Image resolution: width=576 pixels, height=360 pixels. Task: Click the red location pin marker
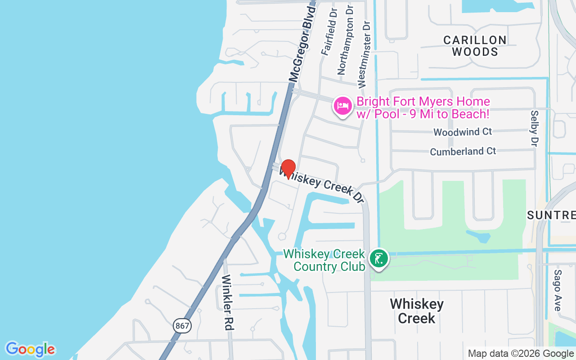[288, 169]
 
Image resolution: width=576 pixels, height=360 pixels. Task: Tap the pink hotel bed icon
[343, 106]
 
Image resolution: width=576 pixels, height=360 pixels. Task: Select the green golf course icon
[379, 258]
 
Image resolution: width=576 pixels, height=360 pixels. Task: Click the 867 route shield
[182, 325]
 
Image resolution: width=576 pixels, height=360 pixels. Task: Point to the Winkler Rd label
[228, 302]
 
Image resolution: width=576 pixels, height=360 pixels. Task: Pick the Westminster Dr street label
[364, 54]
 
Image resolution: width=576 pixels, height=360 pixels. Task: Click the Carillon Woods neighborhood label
[475, 46]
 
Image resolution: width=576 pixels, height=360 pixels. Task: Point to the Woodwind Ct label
[463, 132]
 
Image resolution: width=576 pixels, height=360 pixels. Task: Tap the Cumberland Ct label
[463, 151]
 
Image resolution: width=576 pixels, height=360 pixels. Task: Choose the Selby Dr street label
[534, 128]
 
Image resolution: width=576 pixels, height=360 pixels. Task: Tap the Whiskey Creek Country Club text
[324, 260]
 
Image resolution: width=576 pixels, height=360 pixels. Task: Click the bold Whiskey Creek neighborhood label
[417, 311]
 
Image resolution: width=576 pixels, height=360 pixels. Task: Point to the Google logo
[30, 349]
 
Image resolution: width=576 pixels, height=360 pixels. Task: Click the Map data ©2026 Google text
[521, 354]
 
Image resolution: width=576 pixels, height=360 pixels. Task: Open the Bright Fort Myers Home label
[423, 108]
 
